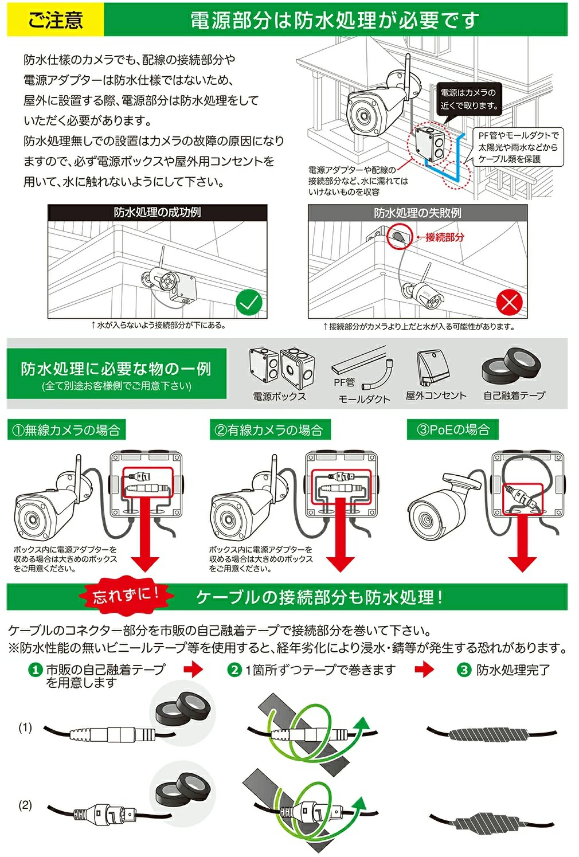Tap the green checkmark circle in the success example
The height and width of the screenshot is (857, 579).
[x=249, y=303]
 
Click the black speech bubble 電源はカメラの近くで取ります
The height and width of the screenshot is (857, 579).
[x=469, y=99]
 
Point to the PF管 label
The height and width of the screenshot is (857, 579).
[x=344, y=382]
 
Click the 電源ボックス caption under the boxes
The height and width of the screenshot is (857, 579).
[x=279, y=396]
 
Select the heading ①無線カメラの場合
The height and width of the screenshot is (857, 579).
[x=66, y=430]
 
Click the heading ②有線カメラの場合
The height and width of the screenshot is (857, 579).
[x=270, y=430]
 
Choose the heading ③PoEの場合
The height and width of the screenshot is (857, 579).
[x=453, y=429]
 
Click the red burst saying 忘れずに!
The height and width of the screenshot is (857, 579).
[x=126, y=595]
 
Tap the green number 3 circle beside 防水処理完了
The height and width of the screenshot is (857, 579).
[x=464, y=670]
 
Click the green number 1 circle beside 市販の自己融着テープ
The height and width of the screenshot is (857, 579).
[x=35, y=670]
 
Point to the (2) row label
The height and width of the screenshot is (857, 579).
[x=25, y=805]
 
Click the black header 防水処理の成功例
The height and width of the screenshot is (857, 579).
[x=157, y=212]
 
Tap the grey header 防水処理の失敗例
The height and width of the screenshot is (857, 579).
[x=417, y=213]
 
